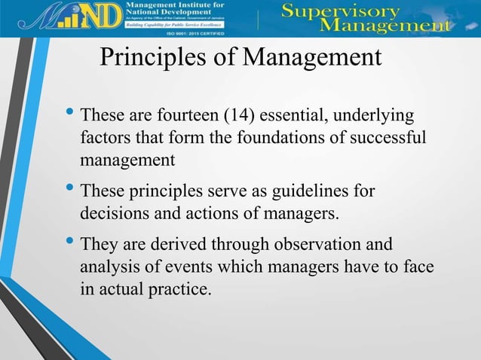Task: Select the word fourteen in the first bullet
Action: click(x=188, y=117)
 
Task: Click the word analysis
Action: click(x=106, y=266)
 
